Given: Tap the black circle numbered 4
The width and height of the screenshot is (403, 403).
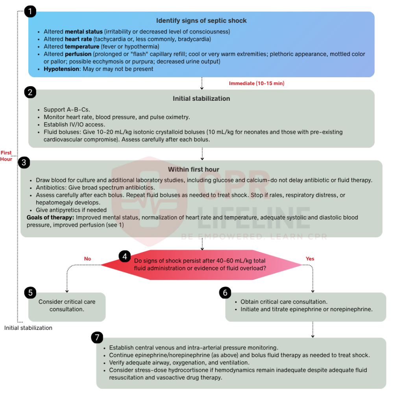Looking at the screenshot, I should click(125, 257).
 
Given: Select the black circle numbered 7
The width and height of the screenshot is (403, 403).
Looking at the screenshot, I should click(97, 338).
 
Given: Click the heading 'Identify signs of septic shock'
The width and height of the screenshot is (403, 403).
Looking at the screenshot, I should click(201, 20).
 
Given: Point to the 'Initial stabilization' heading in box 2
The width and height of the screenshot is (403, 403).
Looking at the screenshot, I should click(201, 98).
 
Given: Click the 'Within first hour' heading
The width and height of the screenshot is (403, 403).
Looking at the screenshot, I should click(194, 169).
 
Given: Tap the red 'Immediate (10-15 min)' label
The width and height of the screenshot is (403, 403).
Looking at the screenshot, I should click(257, 83).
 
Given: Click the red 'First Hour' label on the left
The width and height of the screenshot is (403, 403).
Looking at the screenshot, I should click(6, 156).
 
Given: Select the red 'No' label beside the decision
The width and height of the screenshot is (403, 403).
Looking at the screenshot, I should click(87, 259).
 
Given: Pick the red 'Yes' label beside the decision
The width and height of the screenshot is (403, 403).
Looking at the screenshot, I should click(310, 259).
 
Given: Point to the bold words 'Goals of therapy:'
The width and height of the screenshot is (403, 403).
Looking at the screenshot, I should click(50, 217).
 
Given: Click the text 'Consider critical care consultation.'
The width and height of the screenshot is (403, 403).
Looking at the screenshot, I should click(67, 305).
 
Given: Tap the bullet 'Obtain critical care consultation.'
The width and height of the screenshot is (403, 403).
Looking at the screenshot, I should click(284, 302).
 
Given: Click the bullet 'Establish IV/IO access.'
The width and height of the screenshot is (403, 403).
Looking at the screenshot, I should click(74, 125).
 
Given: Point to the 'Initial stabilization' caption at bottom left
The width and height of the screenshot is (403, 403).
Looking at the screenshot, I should click(28, 328).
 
